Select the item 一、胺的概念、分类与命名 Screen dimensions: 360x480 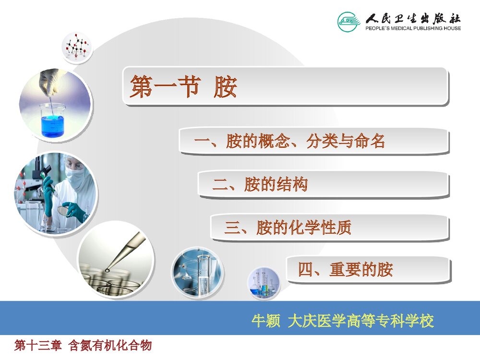coord(289,142)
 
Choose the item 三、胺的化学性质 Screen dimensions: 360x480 coord(288,228)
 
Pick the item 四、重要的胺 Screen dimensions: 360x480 coord(345,270)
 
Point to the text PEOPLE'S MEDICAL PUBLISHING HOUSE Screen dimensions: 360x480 coord(413,28)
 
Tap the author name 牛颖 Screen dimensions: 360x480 coord(266,321)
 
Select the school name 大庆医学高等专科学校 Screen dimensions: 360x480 coord(360,321)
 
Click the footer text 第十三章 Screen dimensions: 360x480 coord(38,345)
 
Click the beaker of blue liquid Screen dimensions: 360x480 coord(52,120)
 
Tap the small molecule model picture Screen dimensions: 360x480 coord(77,48)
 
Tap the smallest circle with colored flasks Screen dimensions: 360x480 coord(264,284)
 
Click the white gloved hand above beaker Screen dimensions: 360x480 coord(50,79)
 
